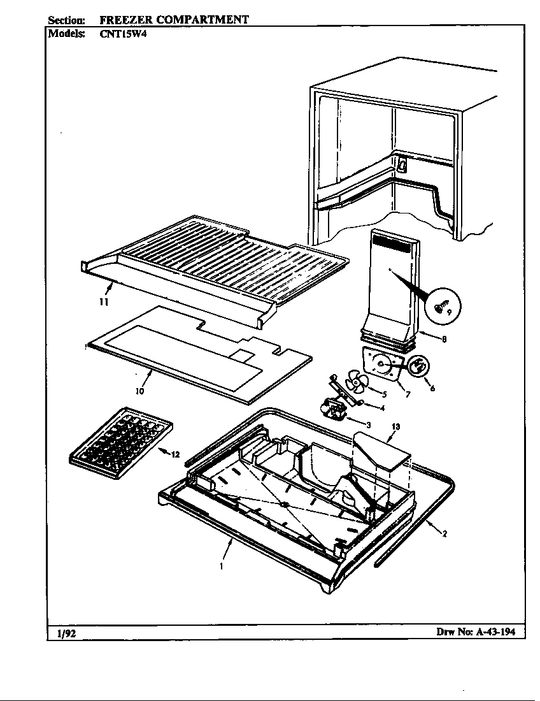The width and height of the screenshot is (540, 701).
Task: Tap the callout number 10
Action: click(139, 390)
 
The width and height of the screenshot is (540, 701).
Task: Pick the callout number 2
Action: click(444, 534)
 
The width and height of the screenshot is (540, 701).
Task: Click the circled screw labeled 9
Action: click(441, 308)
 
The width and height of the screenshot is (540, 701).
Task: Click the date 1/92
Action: click(62, 632)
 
